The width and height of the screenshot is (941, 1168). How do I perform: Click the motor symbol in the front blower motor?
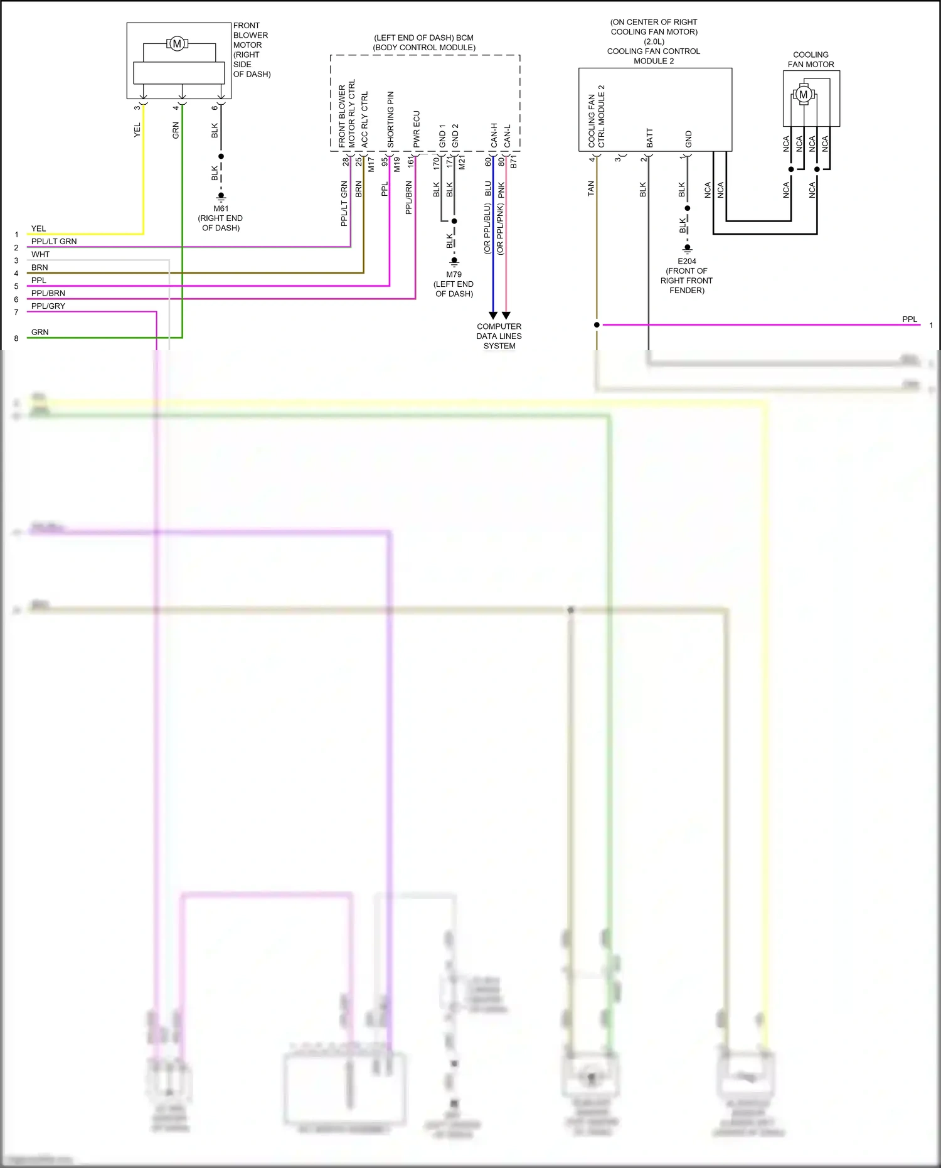[177, 44]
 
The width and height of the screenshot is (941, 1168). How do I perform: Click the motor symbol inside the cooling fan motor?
[803, 95]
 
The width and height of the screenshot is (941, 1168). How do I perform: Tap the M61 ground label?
[221, 208]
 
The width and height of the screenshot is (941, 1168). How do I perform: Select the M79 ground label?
[454, 274]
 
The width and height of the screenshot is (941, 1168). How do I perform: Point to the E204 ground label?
[687, 261]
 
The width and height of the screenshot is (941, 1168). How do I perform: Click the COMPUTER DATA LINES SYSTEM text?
[499, 336]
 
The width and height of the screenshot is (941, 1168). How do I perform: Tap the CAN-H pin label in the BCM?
[494, 135]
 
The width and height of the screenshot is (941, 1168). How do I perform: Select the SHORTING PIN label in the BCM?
[390, 119]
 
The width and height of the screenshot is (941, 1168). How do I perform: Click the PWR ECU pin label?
[417, 129]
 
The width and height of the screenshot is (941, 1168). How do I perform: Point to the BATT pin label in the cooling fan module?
[649, 138]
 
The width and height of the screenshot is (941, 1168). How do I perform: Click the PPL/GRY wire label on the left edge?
[48, 306]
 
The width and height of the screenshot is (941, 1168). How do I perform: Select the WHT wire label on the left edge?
[40, 254]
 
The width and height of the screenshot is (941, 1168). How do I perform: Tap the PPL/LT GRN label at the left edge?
[54, 241]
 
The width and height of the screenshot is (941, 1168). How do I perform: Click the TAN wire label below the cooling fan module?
[590, 188]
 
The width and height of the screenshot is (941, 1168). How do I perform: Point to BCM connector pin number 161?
[410, 162]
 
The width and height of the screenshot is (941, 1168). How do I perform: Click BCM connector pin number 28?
[345, 161]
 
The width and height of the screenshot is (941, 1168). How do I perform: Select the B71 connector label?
[513, 162]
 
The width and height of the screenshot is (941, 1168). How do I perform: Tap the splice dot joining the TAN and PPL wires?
[597, 324]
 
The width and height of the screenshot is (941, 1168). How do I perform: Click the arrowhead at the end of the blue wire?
[493, 315]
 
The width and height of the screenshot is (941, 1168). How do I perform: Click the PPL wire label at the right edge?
[909, 319]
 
